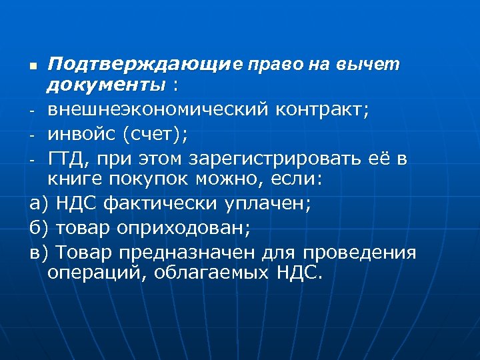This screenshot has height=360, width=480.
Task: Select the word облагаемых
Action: (x=207, y=273)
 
